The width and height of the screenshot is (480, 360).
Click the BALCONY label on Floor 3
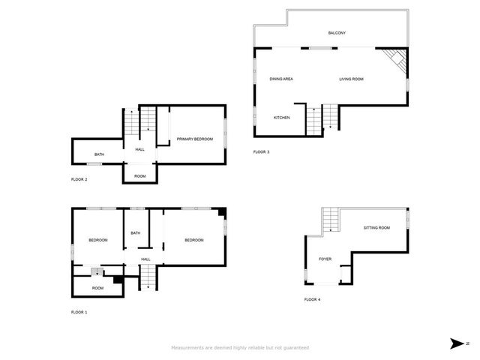(337, 33)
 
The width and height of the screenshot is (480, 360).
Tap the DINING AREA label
(281, 79)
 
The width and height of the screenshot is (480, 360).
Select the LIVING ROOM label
(351, 79)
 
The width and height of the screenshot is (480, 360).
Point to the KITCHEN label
(281, 118)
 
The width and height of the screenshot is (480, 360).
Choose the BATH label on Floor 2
(99, 155)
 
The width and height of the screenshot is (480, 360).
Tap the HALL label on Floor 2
(139, 150)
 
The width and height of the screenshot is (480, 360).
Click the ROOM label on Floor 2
(139, 176)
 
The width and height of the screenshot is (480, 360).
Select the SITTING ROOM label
(376, 227)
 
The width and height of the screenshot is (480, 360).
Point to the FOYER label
(325, 259)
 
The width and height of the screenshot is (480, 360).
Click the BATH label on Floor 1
(135, 233)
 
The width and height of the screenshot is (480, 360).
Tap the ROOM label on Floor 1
(97, 288)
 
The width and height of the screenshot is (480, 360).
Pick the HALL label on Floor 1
(145, 259)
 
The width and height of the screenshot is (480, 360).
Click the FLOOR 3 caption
(261, 152)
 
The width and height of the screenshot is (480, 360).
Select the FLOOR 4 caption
(312, 299)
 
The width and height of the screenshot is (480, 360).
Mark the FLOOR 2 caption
(79, 180)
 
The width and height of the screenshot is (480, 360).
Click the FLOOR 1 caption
(79, 312)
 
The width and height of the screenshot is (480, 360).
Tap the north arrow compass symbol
(457, 343)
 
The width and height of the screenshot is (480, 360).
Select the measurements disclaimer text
(240, 348)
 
